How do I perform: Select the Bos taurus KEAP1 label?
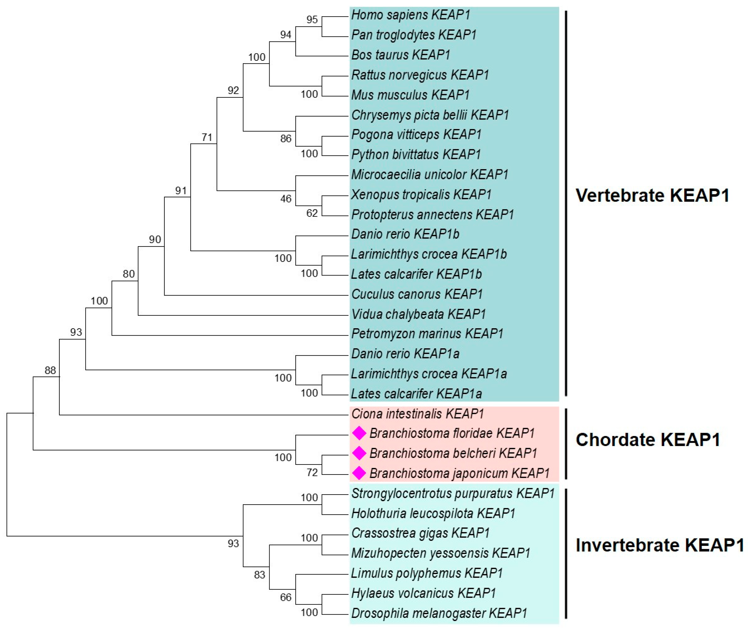click(x=401, y=55)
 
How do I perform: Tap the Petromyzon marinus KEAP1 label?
click(x=427, y=334)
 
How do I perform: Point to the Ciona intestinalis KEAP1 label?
click(x=417, y=414)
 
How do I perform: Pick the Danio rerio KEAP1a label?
click(x=405, y=354)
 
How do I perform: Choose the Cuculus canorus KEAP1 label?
click(x=417, y=294)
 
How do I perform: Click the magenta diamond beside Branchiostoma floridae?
click(x=359, y=433)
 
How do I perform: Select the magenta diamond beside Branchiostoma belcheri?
click(x=359, y=453)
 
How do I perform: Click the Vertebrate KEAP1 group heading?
click(x=653, y=196)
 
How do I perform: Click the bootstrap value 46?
click(x=286, y=199)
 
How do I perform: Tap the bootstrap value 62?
click(x=312, y=213)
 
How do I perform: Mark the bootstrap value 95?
click(x=312, y=20)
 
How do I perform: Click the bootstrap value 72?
click(x=312, y=473)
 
